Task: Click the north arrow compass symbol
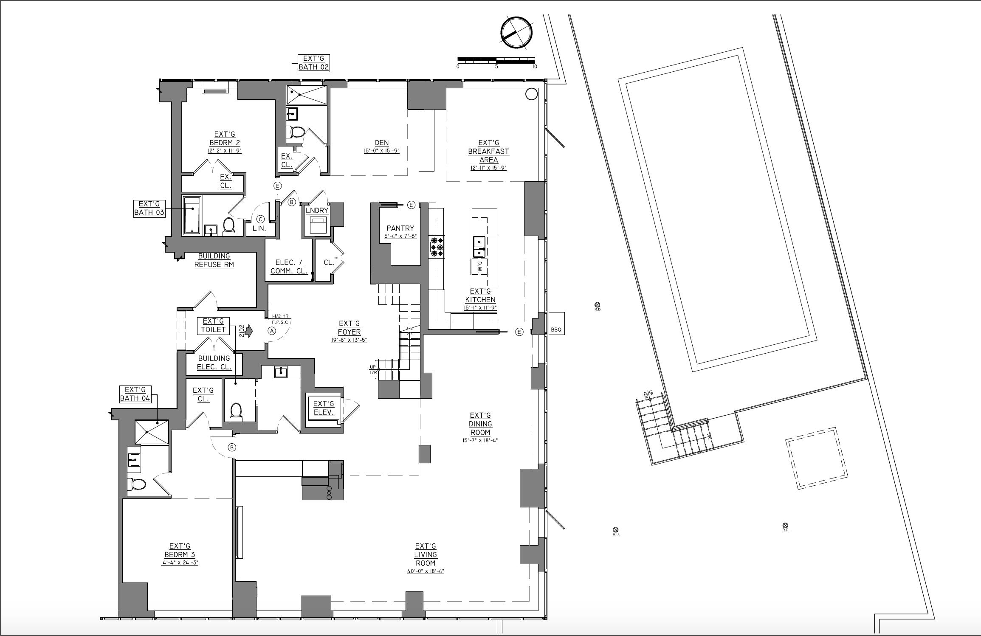pyautogui.click(x=516, y=33)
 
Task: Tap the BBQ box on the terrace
pyautogui.click(x=556, y=324)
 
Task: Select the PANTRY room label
pyautogui.click(x=400, y=228)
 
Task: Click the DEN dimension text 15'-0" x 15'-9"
pyautogui.click(x=381, y=151)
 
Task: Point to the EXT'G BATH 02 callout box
pyautogui.click(x=313, y=63)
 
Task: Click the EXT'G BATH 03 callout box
pyautogui.click(x=149, y=208)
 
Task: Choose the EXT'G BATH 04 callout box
pyautogui.click(x=135, y=394)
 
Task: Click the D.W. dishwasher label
pyautogui.click(x=479, y=267)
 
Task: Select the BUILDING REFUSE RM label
pyautogui.click(x=214, y=260)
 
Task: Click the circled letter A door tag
pyautogui.click(x=272, y=331)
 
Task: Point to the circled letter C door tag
pyautogui.click(x=260, y=219)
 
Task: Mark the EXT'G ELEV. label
pyautogui.click(x=324, y=408)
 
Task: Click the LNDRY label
pyautogui.click(x=317, y=211)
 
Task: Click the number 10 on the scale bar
pyautogui.click(x=534, y=67)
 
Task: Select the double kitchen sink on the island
pyautogui.click(x=479, y=247)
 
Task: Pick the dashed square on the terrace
pyautogui.click(x=816, y=459)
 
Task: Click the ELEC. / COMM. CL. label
pyautogui.click(x=289, y=267)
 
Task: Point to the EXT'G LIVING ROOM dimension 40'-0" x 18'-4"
pyautogui.click(x=426, y=571)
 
